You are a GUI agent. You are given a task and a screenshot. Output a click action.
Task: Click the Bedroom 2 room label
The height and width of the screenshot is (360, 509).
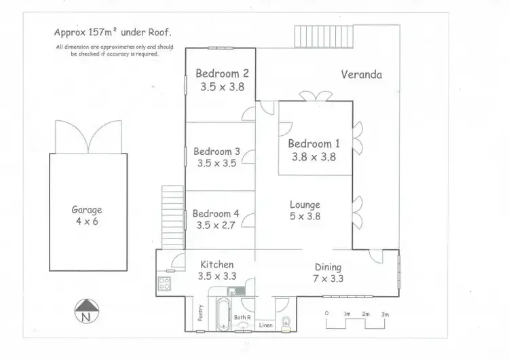tap(222, 73)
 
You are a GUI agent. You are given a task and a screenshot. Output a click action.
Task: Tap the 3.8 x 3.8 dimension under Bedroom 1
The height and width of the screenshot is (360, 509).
tap(312, 156)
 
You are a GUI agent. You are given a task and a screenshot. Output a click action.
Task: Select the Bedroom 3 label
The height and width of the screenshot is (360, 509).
tap(216, 151)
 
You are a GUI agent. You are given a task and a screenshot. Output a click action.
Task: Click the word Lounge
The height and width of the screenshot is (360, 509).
tap(305, 204)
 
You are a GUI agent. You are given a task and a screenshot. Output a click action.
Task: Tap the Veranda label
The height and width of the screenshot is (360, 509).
tap(361, 75)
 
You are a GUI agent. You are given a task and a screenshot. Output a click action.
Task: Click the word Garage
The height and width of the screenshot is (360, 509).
tap(86, 210)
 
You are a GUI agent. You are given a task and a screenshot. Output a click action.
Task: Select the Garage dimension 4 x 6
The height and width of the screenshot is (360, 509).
tap(86, 221)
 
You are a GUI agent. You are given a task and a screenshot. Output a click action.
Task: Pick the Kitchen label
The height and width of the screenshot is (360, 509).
tap(216, 264)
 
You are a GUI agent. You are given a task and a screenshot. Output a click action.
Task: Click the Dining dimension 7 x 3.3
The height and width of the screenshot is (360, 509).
tap(327, 278)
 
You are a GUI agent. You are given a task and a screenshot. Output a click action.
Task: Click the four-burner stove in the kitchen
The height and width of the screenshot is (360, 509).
tap(165, 284)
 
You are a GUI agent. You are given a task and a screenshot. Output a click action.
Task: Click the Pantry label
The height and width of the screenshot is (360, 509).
tap(200, 312)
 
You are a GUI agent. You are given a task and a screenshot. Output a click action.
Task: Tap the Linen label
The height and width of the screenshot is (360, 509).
tap(267, 325)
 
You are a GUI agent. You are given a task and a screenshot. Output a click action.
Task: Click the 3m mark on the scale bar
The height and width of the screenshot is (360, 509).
tap(385, 313)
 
